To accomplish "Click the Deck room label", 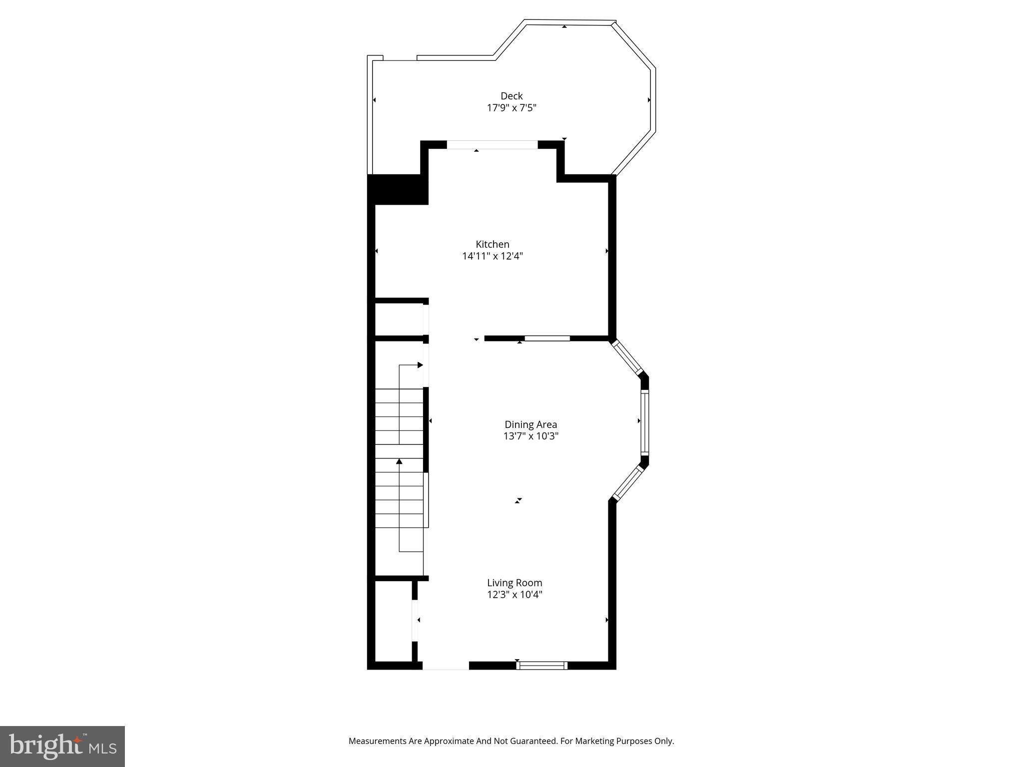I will pyautogui.click(x=511, y=96).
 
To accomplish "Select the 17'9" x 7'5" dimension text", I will pyautogui.click(x=511, y=108).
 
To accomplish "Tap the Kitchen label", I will pyautogui.click(x=493, y=244).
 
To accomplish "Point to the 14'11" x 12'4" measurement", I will pyautogui.click(x=493, y=256).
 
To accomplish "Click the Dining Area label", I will pyautogui.click(x=530, y=424).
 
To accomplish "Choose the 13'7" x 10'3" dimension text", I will pyautogui.click(x=530, y=436).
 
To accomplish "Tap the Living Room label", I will pyautogui.click(x=514, y=583).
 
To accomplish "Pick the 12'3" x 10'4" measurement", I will pyautogui.click(x=514, y=595).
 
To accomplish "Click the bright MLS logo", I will pyautogui.click(x=62, y=746).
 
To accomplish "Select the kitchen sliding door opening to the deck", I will pyautogui.click(x=492, y=145).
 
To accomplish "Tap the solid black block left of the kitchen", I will pyautogui.click(x=398, y=189).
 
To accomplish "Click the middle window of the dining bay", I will pyautogui.click(x=644, y=422).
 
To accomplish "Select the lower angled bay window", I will pyautogui.click(x=627, y=483).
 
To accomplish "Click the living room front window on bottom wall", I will pyautogui.click(x=542, y=665).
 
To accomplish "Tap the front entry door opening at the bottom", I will pyautogui.click(x=446, y=666).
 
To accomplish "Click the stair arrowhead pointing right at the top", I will pyautogui.click(x=420, y=365).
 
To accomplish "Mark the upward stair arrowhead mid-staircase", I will pyautogui.click(x=399, y=461).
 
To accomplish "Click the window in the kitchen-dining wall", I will pyautogui.click(x=547, y=339).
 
